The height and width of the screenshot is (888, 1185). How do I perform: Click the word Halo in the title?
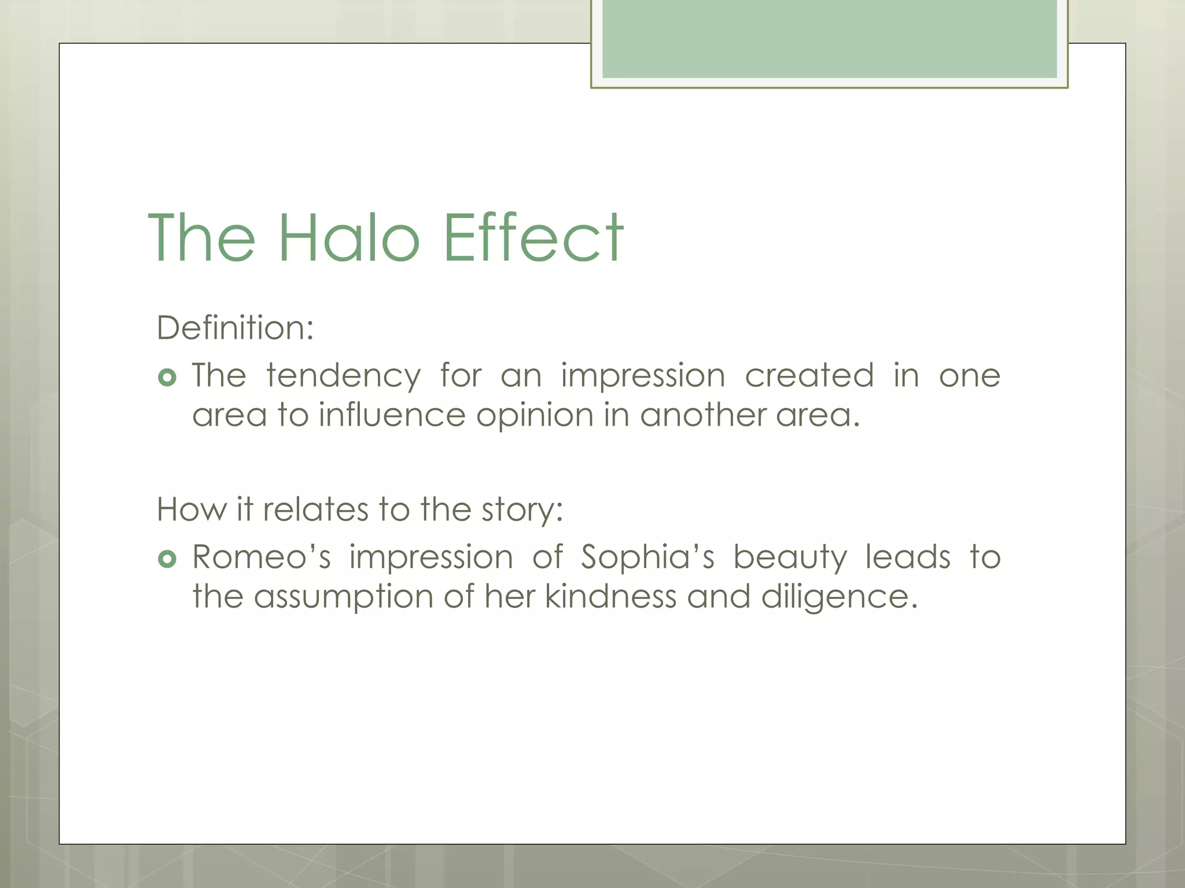(x=349, y=238)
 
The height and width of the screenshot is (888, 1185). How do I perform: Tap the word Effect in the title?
(x=533, y=238)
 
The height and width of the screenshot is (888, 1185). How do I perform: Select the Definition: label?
(x=235, y=328)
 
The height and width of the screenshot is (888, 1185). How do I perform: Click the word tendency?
(x=343, y=376)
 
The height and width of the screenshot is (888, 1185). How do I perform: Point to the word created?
(x=809, y=376)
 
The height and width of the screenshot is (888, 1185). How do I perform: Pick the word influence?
(x=392, y=415)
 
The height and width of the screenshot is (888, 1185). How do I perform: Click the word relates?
(x=315, y=509)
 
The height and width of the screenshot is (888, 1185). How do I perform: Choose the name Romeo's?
(x=261, y=557)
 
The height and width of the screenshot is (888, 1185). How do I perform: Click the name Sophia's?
(x=647, y=558)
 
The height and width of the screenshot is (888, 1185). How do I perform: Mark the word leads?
(x=908, y=557)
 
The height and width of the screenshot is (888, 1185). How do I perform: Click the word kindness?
(x=610, y=596)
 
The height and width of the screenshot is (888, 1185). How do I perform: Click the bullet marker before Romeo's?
(x=167, y=559)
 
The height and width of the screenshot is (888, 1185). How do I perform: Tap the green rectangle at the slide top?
(x=829, y=39)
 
